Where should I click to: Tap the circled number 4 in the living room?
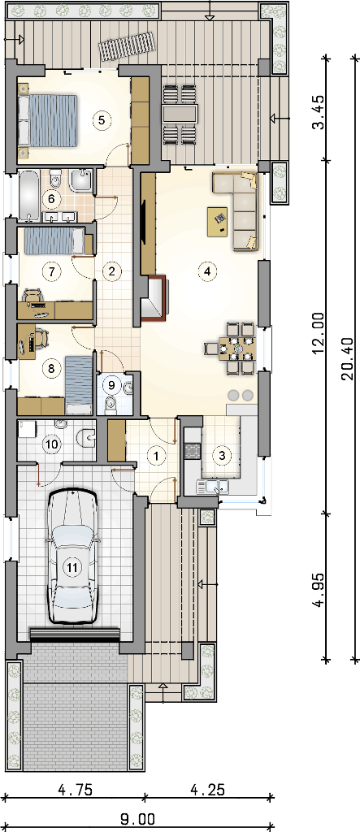pos(207,271)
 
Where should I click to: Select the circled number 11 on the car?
pos(72,566)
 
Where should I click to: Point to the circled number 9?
pos(111,382)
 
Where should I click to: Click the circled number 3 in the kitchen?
pos(222,455)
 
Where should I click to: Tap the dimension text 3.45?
pos(318,117)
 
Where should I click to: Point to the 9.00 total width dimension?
pos(137,821)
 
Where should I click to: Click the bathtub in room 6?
pos(29,195)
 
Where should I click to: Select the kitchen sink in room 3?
pos(212,486)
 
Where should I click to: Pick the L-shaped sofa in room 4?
pos(238,210)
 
